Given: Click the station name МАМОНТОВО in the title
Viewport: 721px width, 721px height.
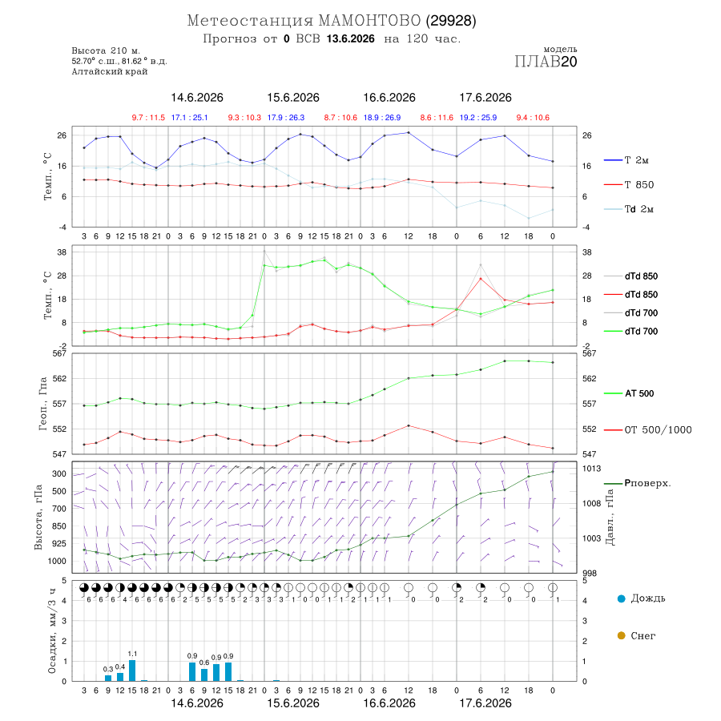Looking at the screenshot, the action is [369, 21].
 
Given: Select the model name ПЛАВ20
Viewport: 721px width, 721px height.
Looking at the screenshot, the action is [546, 62].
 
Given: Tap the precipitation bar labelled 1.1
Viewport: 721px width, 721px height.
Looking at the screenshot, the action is [132, 671].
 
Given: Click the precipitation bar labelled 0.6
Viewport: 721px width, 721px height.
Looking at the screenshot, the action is [204, 675].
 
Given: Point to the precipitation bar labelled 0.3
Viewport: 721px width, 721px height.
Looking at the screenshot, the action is [108, 679].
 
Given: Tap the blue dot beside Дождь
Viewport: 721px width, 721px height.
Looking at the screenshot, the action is [621, 598].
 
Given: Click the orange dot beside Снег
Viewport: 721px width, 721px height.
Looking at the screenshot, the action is [621, 635].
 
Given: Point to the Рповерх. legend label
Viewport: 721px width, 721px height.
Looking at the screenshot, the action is [647, 483].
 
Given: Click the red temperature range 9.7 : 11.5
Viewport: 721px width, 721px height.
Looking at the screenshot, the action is [148, 118].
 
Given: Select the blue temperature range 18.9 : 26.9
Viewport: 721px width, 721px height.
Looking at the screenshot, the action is [382, 118].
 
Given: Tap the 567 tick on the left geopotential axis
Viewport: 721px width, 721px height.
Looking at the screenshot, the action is [60, 353].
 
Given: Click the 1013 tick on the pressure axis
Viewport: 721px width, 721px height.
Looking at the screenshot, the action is [592, 469].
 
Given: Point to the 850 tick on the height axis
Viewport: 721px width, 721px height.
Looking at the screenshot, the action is [58, 526].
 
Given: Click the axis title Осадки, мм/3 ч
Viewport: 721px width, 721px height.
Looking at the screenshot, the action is [52, 631].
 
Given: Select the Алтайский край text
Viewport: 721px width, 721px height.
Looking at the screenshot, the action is [110, 71].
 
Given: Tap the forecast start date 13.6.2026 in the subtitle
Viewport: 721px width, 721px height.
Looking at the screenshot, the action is [350, 38].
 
